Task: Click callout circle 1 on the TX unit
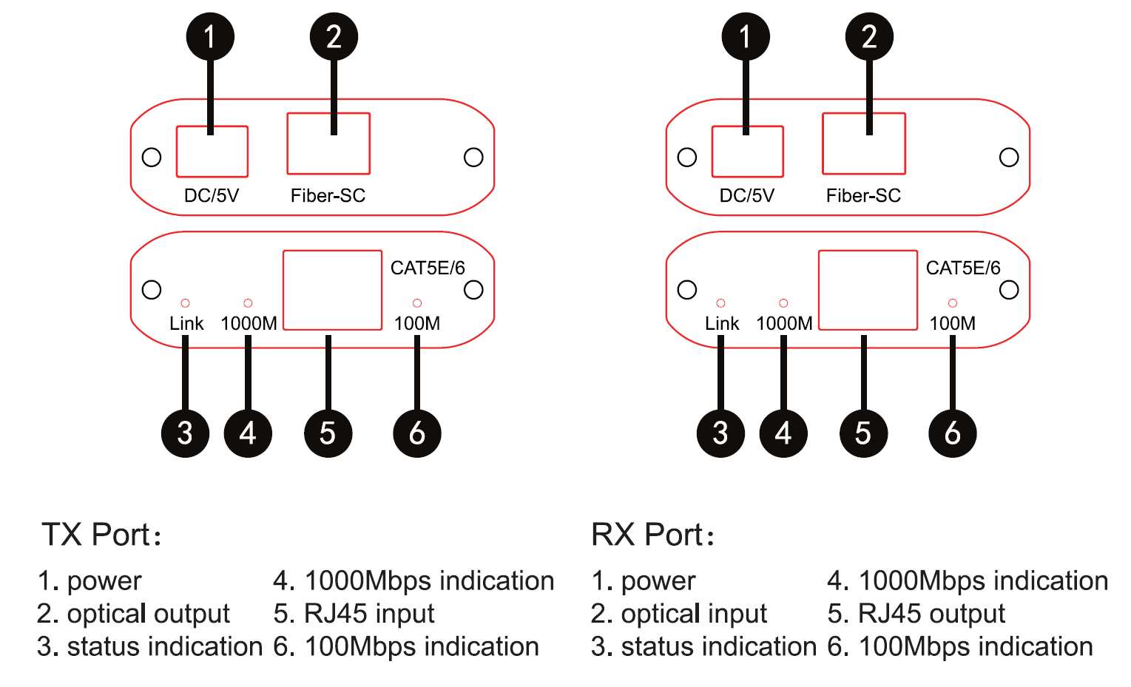pyautogui.click(x=210, y=36)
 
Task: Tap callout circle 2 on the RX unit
pyautogui.click(x=869, y=36)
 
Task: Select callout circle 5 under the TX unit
pyautogui.click(x=328, y=433)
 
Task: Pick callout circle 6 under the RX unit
pyautogui.click(x=952, y=433)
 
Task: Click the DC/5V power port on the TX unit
pyautogui.click(x=212, y=152)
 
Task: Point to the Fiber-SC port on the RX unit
pyautogui.click(x=863, y=143)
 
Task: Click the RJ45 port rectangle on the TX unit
pyautogui.click(x=332, y=290)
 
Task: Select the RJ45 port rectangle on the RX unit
pyautogui.click(x=868, y=290)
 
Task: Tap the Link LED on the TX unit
pyautogui.click(x=185, y=303)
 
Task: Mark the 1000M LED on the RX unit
pyautogui.click(x=783, y=303)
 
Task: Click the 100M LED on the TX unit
pyautogui.click(x=417, y=303)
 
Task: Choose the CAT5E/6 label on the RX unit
pyautogui.click(x=962, y=268)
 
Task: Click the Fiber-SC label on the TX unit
pyautogui.click(x=328, y=195)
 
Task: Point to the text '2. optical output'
pyautogui.click(x=133, y=614)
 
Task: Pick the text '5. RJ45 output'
pyautogui.click(x=916, y=614)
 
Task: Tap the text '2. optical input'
pyautogui.click(x=678, y=614)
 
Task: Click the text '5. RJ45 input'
pyautogui.click(x=354, y=614)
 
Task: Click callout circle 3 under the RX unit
pyautogui.click(x=720, y=433)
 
